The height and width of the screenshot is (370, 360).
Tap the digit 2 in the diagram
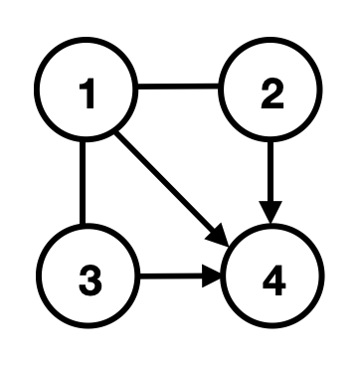[270, 95]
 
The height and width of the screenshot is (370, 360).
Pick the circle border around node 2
[316, 95]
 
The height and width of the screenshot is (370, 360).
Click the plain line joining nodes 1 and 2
[179, 87]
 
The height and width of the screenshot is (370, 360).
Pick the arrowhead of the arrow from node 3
[215, 279]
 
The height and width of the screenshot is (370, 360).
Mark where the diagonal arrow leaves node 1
[121, 130]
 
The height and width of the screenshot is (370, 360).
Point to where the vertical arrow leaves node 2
[270, 142]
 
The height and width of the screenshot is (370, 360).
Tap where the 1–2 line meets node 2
[225, 87]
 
